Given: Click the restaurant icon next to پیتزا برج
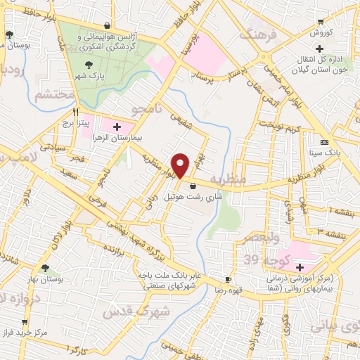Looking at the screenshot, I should coord(76,112).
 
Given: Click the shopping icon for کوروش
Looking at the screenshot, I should coord(321,22).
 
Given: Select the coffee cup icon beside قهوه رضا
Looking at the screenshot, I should coord(227,278).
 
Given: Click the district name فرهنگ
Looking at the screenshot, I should coord(255,32).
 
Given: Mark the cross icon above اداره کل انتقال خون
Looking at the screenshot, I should coord(320,49).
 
